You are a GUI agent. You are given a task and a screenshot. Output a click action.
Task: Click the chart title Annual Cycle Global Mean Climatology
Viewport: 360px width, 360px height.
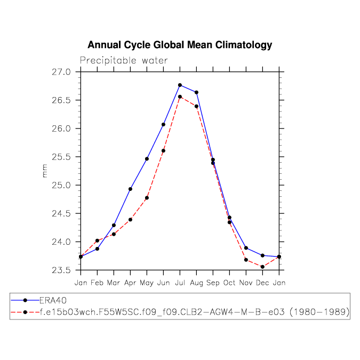(x=180, y=45)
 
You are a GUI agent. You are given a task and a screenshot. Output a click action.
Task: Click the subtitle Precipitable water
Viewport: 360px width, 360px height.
(x=124, y=60)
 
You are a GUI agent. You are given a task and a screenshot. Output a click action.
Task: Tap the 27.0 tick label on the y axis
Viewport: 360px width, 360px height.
(x=63, y=72)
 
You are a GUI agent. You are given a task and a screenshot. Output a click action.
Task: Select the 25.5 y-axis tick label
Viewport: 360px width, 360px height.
(x=63, y=157)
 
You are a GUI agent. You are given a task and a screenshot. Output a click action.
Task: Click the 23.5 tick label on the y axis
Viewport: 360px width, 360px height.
(x=63, y=270)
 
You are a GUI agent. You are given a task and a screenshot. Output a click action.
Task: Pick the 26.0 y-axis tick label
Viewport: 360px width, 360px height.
(x=63, y=129)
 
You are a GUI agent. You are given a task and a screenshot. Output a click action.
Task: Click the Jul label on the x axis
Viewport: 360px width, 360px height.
(x=180, y=282)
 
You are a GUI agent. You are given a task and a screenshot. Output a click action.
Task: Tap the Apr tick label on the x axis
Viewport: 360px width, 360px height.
(x=130, y=282)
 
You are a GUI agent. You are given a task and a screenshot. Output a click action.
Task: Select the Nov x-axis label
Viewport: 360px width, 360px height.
(x=246, y=282)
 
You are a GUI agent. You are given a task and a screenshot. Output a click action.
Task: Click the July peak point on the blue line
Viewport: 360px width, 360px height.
(x=180, y=85)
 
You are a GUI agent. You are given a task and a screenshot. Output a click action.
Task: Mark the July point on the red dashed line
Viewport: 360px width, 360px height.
(x=180, y=97)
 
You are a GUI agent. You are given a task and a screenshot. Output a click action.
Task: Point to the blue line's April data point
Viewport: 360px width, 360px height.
(x=130, y=189)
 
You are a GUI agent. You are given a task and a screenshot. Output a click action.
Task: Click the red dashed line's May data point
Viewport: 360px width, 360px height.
(x=147, y=198)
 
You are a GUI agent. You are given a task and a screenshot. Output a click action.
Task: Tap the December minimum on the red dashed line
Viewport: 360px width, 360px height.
(x=262, y=267)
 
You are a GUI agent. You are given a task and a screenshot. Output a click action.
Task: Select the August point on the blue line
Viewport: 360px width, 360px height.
(x=196, y=92)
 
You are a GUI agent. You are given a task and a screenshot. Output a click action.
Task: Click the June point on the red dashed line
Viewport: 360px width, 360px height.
(x=163, y=150)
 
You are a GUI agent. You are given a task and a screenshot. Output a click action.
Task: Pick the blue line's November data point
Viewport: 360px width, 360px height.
(x=246, y=248)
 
